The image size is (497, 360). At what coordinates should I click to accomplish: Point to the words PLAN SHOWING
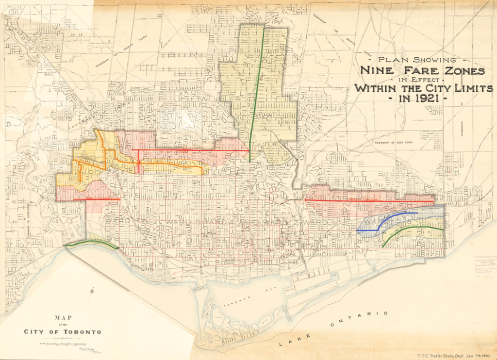416,60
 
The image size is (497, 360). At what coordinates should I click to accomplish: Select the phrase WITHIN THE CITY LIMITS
423,89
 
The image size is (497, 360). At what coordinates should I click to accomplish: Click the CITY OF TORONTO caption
63,332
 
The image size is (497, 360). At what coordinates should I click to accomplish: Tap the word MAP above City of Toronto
63,318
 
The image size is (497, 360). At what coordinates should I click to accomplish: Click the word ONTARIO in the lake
359,319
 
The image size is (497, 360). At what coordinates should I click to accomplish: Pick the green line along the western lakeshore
92,244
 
